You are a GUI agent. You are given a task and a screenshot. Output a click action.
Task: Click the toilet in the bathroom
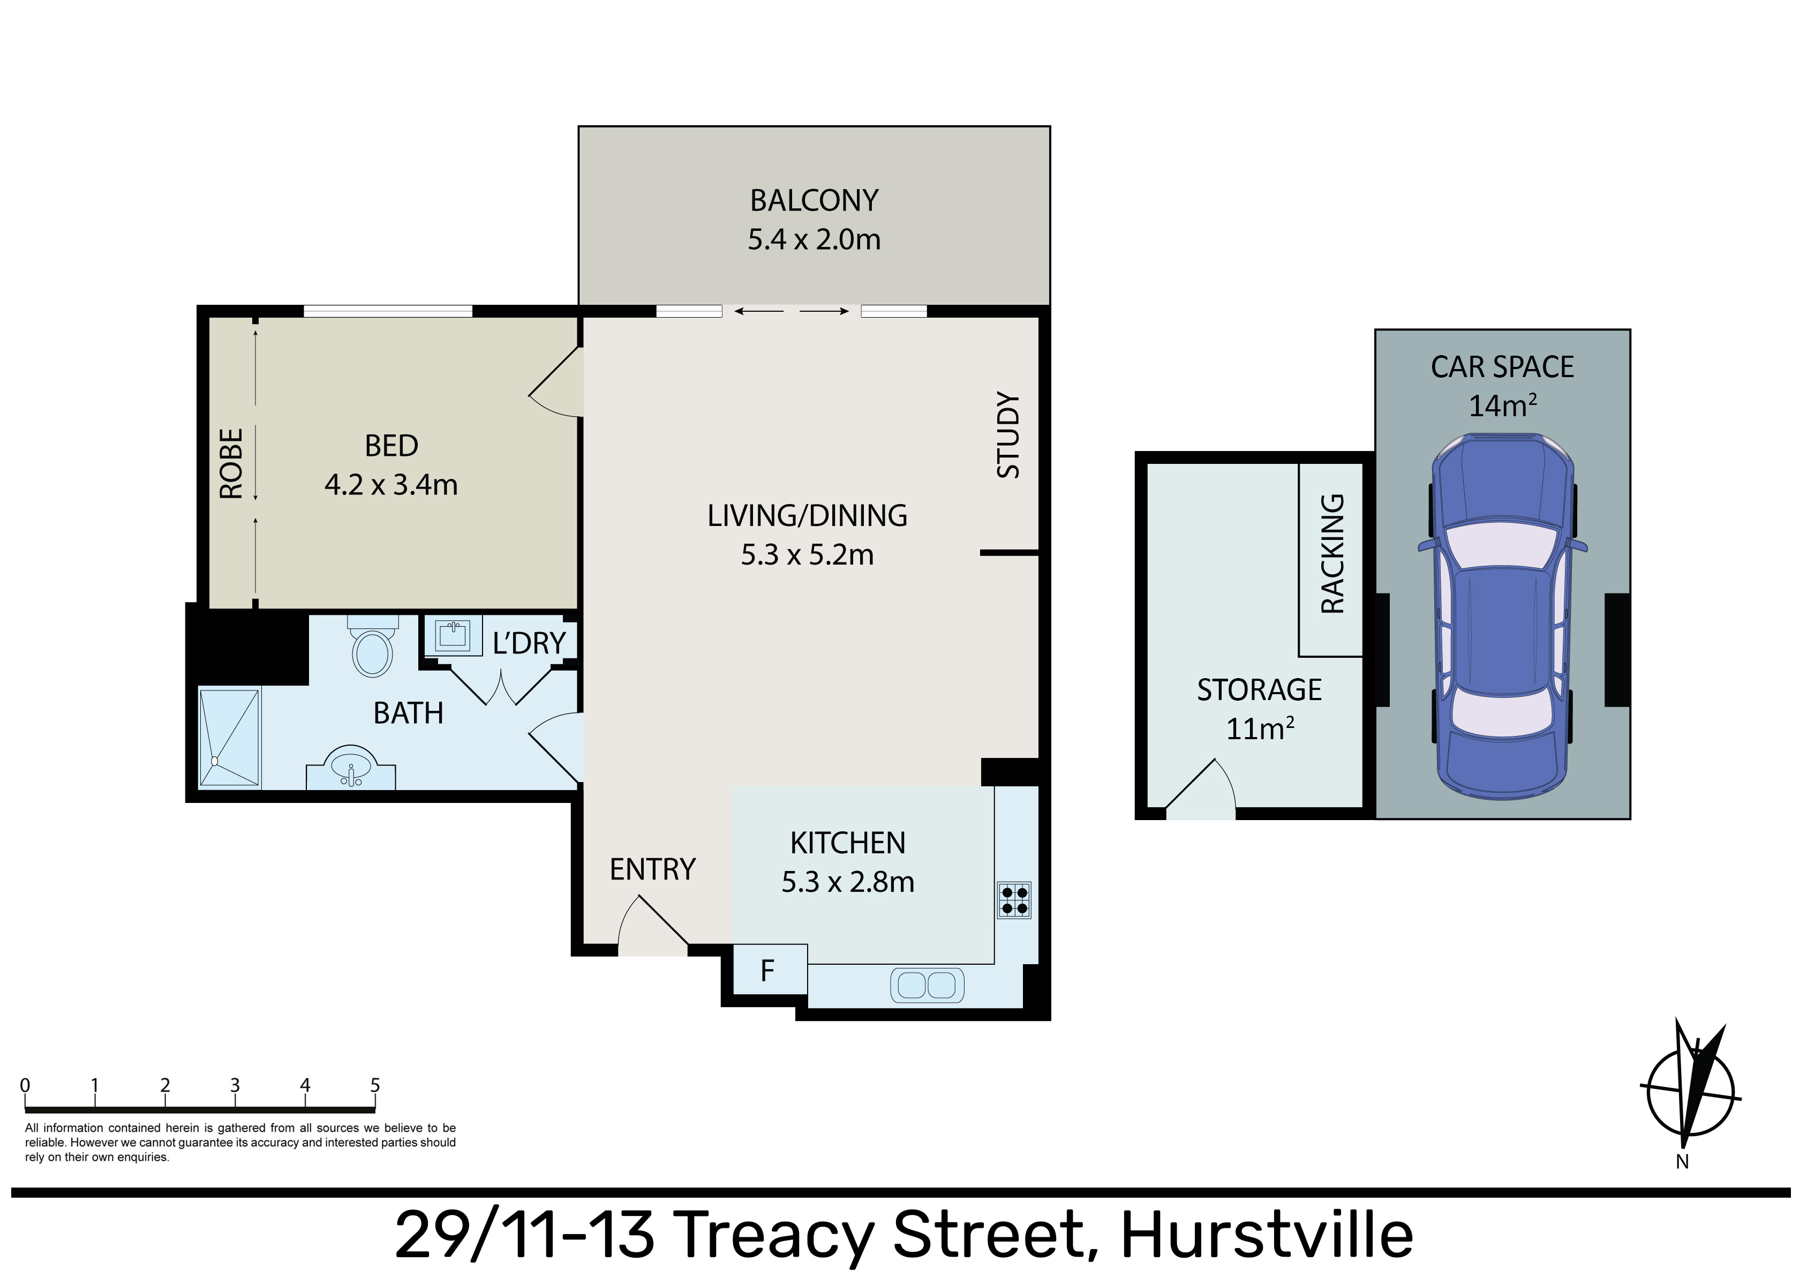pos(373,647)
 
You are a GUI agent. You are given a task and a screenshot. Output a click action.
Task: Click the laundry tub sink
pos(453,635)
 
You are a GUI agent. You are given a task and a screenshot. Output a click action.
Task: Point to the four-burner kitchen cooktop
pos(1014,900)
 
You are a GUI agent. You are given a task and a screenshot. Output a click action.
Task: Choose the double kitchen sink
pos(927,985)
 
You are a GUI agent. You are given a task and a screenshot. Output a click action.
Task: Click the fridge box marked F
pos(767,970)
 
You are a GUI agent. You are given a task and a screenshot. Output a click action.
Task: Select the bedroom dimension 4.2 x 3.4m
pos(391,485)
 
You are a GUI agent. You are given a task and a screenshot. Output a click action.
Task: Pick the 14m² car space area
pos(1502,405)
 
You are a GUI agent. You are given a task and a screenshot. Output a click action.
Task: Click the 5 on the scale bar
pos(375,1085)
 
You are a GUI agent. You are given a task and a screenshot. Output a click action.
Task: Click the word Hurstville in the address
pos(1267,1235)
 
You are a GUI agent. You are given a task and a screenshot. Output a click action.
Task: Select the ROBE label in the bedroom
pos(231,464)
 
